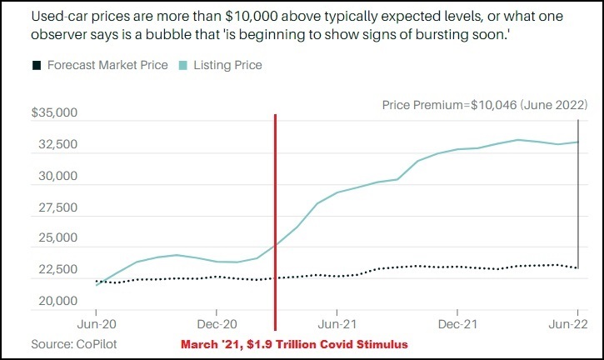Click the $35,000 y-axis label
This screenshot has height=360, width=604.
click(x=54, y=113)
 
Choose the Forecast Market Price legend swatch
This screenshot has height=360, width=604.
click(x=36, y=65)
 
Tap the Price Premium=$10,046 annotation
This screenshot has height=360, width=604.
click(x=484, y=105)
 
